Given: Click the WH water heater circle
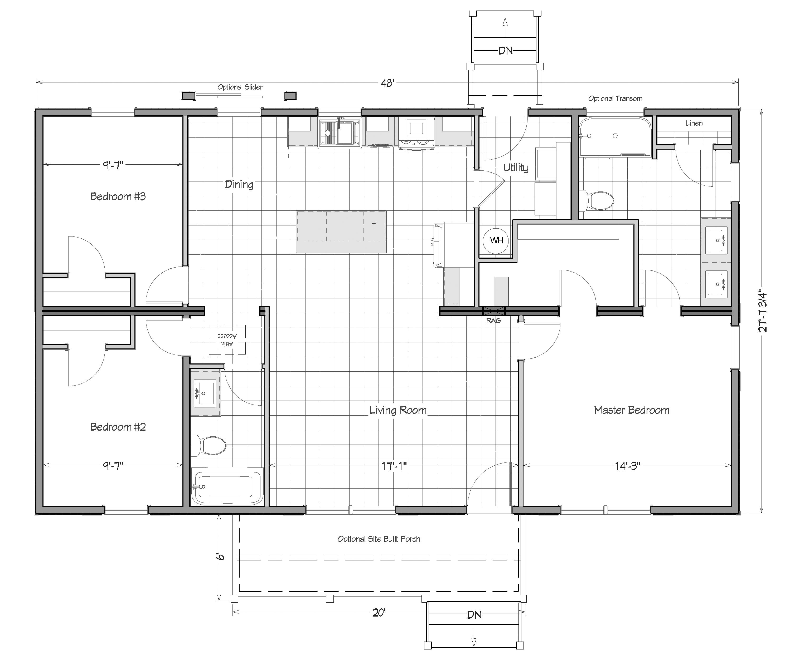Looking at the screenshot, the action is pyautogui.click(x=496, y=240).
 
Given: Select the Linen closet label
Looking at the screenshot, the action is pyautogui.click(x=694, y=123).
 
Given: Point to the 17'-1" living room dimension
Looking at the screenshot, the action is pyautogui.click(x=394, y=466).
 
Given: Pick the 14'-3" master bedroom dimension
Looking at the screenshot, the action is pyautogui.click(x=627, y=466).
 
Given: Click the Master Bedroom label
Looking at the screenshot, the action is pyautogui.click(x=632, y=410).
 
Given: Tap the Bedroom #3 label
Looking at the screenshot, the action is pyautogui.click(x=118, y=196).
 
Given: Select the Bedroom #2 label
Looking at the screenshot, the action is pyautogui.click(x=118, y=427).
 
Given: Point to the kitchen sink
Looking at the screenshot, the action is pyautogui.click(x=340, y=132).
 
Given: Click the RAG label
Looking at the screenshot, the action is pyautogui.click(x=493, y=321).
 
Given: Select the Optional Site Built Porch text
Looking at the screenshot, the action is pyautogui.click(x=379, y=539).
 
